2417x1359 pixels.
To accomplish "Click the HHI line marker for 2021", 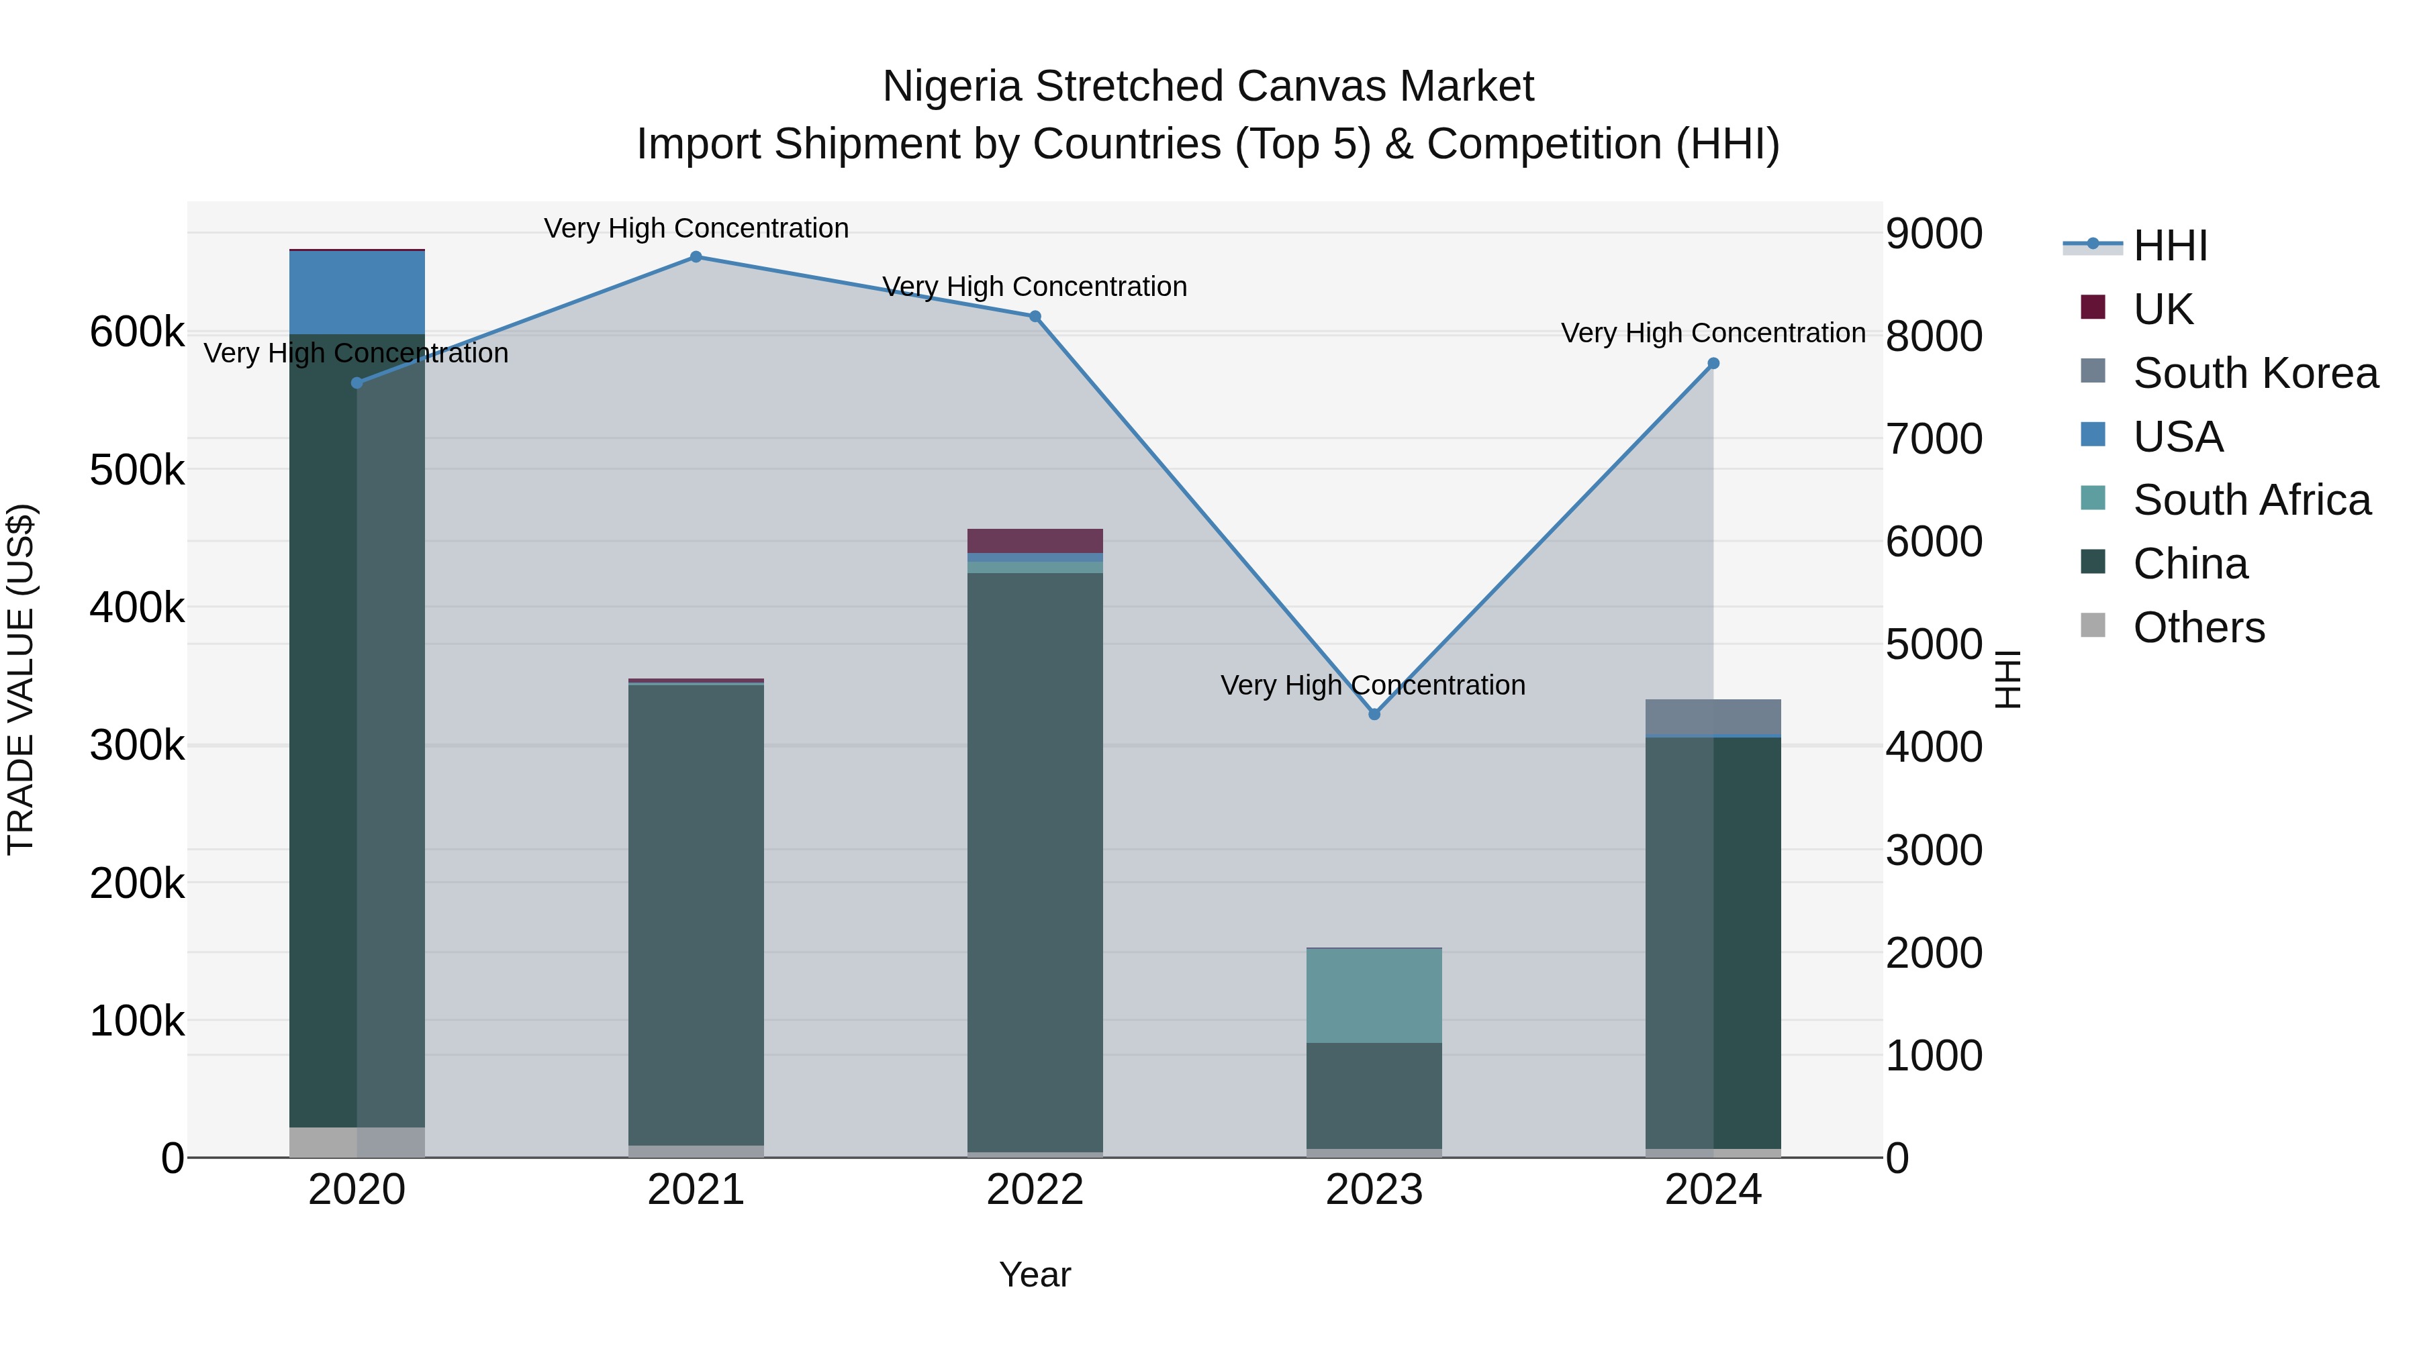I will pos(696,257).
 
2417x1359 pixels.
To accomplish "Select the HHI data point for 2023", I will pos(1374,715).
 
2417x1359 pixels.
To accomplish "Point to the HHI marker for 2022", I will pos(1035,317).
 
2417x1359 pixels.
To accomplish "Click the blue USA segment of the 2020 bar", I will pos(357,293).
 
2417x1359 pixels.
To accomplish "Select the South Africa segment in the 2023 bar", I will pos(1374,996).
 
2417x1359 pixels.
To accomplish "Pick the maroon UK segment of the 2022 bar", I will pos(1035,541).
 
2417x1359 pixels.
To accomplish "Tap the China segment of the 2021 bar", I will pos(696,915).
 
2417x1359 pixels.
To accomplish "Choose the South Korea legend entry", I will pos(2255,373).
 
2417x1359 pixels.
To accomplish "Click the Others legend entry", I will pos(2198,627).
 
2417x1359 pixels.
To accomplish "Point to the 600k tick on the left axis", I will pos(137,332).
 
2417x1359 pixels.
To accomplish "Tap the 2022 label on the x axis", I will pos(1035,1190).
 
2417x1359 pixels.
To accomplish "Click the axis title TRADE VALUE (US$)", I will pos(21,679).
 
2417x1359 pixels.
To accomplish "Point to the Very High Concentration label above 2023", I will pos(1373,686).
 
